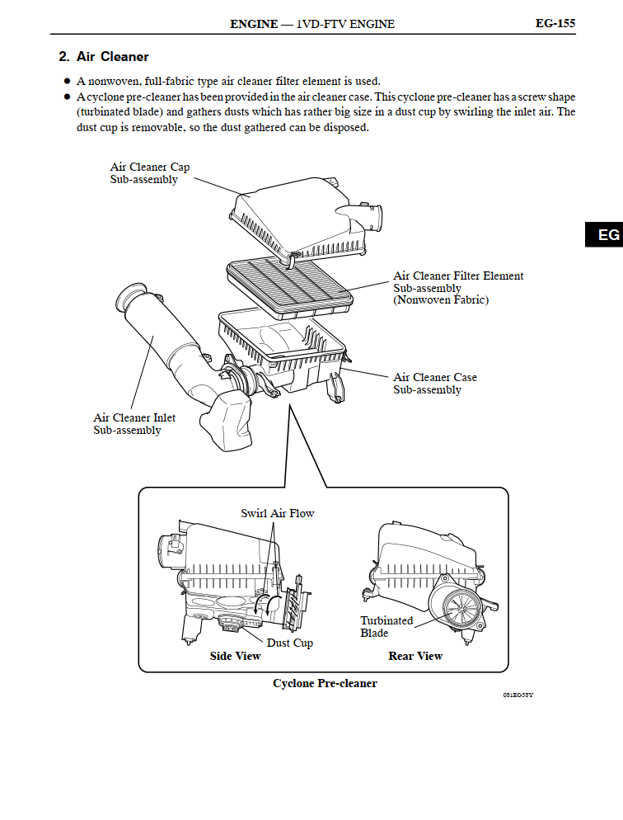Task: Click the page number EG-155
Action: coord(555,23)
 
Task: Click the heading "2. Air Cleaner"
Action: coord(104,57)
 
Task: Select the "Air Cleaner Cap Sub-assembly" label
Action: coord(150,173)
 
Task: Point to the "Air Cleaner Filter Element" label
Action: coord(458,276)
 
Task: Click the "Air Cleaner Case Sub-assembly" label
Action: coord(434,384)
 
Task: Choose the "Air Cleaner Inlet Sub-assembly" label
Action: coord(134,424)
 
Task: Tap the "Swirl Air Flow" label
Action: coord(278,513)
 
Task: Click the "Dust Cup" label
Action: coord(289,643)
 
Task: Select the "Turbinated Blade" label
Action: coord(386,627)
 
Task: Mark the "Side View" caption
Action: coord(235,657)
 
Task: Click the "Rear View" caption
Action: coord(415,657)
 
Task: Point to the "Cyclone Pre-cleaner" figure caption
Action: coord(325,684)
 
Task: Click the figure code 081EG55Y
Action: coord(518,695)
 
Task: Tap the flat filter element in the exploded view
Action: coord(288,281)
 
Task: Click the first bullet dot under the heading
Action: coord(67,81)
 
